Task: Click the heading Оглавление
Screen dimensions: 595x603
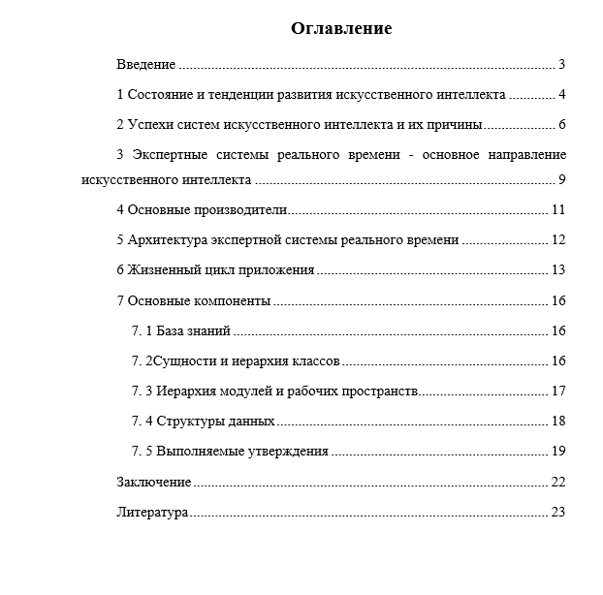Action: click(x=341, y=29)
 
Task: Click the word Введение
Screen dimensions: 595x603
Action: click(x=145, y=65)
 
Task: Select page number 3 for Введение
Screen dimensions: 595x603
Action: click(x=561, y=65)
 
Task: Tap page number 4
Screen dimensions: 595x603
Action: click(x=561, y=95)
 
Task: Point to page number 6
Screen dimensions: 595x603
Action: click(x=561, y=125)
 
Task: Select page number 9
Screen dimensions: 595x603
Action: click(x=561, y=179)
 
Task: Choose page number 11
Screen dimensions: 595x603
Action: click(x=557, y=210)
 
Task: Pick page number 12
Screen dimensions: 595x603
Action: click(x=557, y=240)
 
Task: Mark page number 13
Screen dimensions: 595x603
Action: click(x=557, y=270)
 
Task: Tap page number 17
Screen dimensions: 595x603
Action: click(x=557, y=391)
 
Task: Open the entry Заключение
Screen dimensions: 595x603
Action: click(x=153, y=482)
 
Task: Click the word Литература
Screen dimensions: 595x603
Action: click(x=152, y=512)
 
